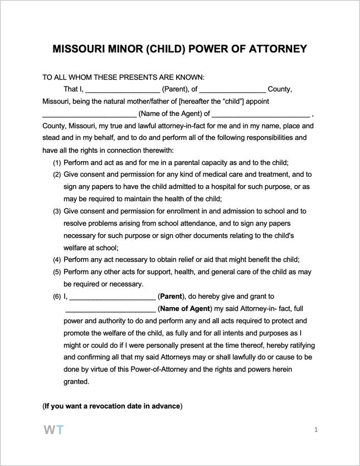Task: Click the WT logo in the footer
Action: tap(54, 430)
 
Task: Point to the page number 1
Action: tap(316, 430)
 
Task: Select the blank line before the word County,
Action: tap(232, 89)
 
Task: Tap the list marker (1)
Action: tap(57, 163)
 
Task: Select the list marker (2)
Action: tap(57, 175)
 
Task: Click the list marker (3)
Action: tap(57, 212)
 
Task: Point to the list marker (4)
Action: tap(57, 260)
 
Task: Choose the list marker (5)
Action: tap(57, 272)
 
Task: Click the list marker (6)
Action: tap(57, 297)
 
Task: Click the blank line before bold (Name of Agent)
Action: tap(110, 309)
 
